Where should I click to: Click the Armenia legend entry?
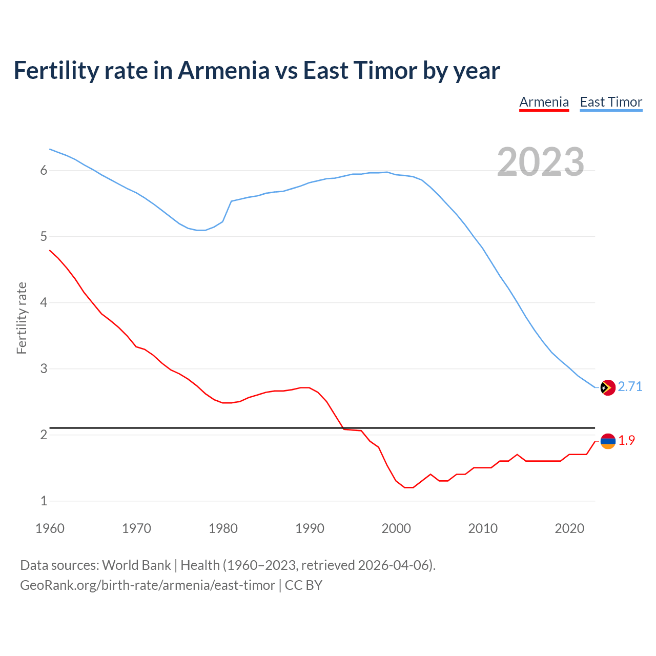point(544,102)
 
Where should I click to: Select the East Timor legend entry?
point(611,102)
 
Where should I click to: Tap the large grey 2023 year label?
point(541,162)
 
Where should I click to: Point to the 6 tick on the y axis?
point(44,171)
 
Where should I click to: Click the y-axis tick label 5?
point(44,237)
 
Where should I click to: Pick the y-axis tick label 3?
point(44,369)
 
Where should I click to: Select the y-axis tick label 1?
point(44,501)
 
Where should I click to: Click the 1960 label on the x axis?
point(50,528)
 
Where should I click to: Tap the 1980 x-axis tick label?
point(223,528)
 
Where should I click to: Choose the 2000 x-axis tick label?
point(396,528)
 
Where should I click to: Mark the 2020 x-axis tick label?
point(569,528)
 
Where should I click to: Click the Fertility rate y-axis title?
point(22,318)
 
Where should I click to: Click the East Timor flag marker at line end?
point(608,388)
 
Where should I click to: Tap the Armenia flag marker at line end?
point(608,441)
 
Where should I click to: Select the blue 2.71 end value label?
point(630,387)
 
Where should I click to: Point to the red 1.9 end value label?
point(626,440)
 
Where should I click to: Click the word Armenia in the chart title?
point(223,71)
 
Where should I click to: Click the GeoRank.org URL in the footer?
point(147,585)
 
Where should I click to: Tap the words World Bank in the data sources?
point(136,565)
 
